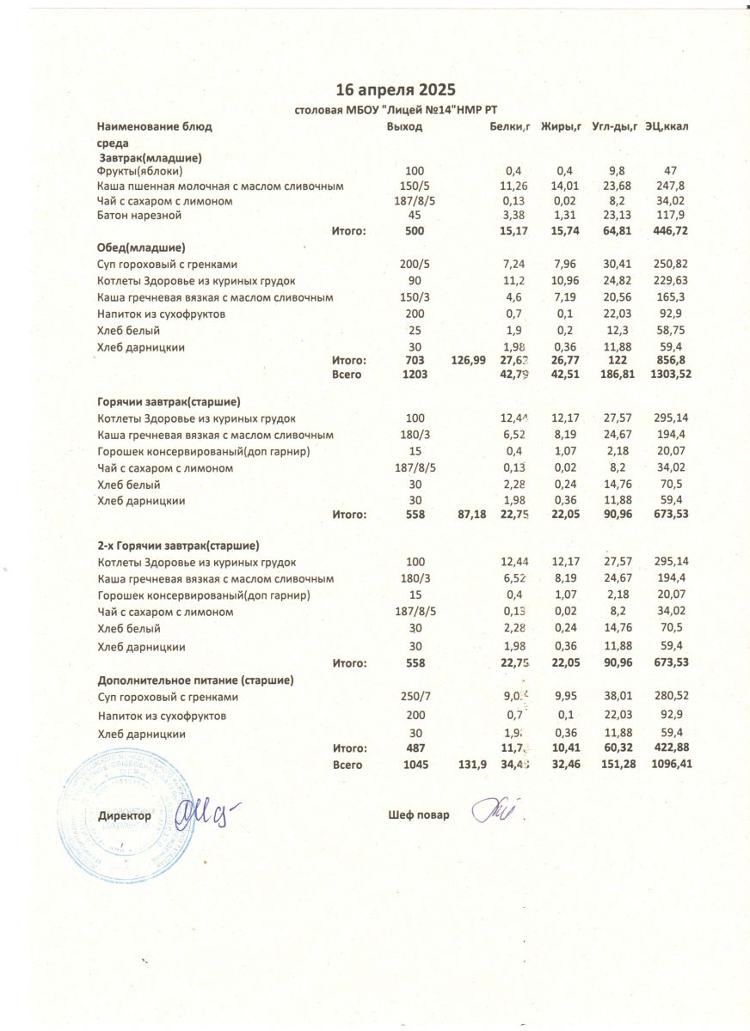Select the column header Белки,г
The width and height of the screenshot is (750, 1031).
click(508, 127)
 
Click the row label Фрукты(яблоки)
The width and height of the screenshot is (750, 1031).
click(140, 171)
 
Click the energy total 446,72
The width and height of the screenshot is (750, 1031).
click(669, 230)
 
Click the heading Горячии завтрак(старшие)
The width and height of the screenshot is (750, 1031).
click(169, 401)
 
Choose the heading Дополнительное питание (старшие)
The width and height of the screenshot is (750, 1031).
click(196, 680)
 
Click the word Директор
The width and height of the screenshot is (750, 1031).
click(125, 815)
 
